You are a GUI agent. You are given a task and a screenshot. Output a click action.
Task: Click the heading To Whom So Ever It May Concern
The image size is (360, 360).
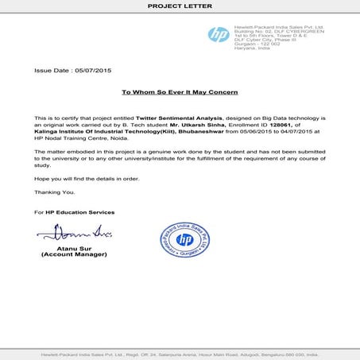point(180,92)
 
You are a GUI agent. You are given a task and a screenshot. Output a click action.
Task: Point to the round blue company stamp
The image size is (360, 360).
point(185,242)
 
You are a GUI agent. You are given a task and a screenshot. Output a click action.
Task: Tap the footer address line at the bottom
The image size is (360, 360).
point(180,353)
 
